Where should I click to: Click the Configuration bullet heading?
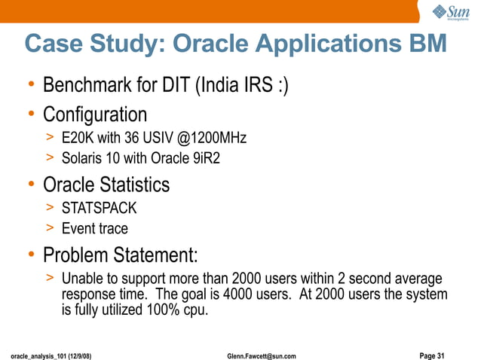coord(95,115)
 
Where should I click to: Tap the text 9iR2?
coord(204,160)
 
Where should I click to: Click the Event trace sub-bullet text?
coord(95,228)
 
